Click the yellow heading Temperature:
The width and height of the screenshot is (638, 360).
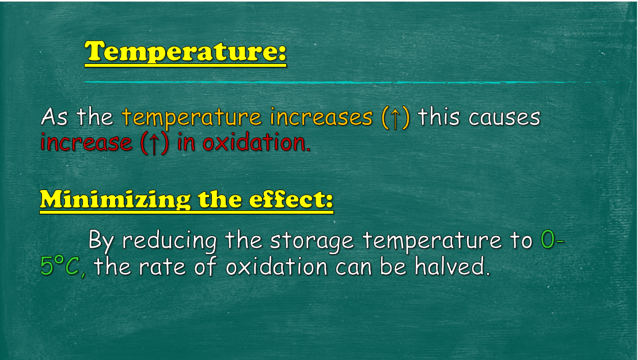click(185, 52)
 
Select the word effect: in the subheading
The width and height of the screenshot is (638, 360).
click(291, 199)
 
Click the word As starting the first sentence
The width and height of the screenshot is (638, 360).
click(54, 117)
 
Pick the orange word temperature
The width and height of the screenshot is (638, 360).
click(192, 118)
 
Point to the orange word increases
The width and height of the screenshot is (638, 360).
click(321, 118)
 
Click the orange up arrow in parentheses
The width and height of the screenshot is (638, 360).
click(395, 118)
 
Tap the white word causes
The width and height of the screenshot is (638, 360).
click(504, 118)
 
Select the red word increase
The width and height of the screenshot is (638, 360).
click(86, 143)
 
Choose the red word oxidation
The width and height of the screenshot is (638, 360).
click(256, 142)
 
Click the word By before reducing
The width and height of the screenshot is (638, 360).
click(101, 241)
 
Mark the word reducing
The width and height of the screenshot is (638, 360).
click(169, 241)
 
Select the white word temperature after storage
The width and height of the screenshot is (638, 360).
click(432, 241)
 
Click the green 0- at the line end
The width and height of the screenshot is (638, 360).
click(552, 240)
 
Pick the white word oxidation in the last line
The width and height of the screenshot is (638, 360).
click(277, 267)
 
